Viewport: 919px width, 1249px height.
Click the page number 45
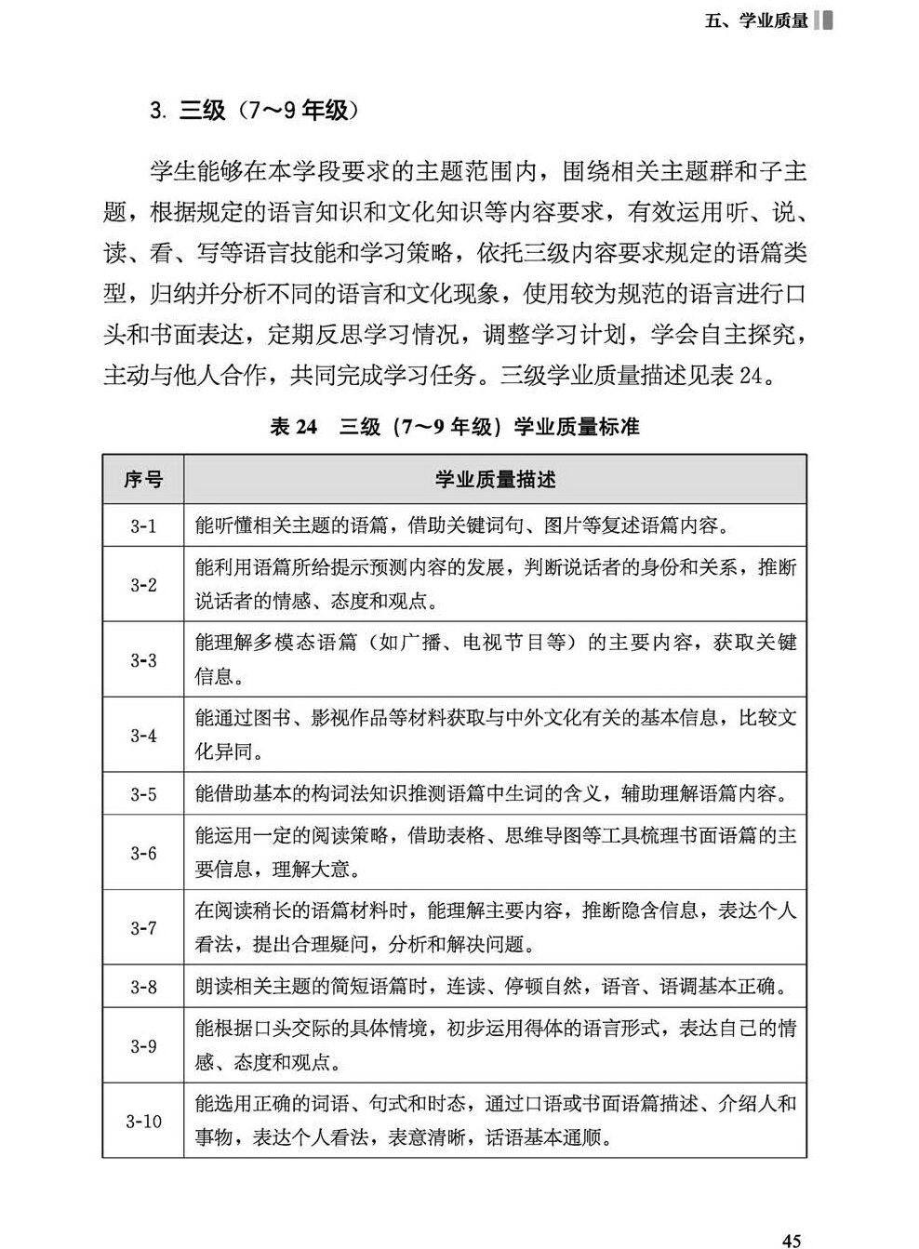pyautogui.click(x=792, y=1239)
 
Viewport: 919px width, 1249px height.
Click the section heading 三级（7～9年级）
pyautogui.click(x=250, y=111)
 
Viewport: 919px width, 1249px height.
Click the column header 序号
pyautogui.click(x=143, y=480)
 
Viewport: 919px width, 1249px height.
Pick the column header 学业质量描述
pyautogui.click(x=495, y=480)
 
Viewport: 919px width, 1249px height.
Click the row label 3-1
pyautogui.click(x=143, y=526)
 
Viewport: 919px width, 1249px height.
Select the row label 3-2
pyautogui.click(x=143, y=585)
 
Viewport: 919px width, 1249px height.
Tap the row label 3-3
pyautogui.click(x=143, y=660)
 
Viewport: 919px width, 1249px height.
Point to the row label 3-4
pyautogui.click(x=143, y=736)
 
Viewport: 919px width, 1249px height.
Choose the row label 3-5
pyautogui.click(x=143, y=794)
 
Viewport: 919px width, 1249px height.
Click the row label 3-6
pyautogui.click(x=143, y=853)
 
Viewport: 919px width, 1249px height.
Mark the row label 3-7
pyautogui.click(x=143, y=928)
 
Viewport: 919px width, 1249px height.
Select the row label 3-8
pyautogui.click(x=143, y=987)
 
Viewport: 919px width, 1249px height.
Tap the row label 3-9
pyautogui.click(x=143, y=1046)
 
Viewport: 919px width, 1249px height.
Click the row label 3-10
pyautogui.click(x=143, y=1122)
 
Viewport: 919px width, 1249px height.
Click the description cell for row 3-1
pyautogui.click(x=461, y=526)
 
